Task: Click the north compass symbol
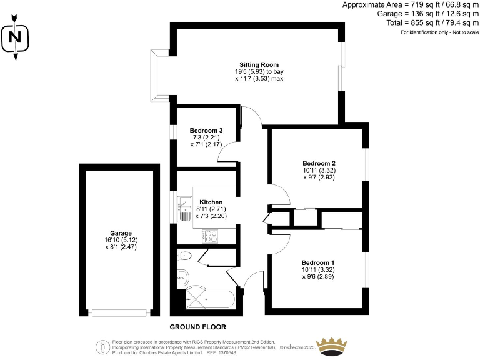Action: [x=16, y=39]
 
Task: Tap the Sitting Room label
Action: [x=259, y=64]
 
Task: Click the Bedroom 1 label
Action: [x=317, y=262]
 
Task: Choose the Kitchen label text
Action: [x=211, y=202]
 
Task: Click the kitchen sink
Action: [x=186, y=203]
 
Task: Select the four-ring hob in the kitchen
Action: [x=210, y=236]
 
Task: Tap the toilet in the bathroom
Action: [x=184, y=255]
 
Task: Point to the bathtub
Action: [x=211, y=299]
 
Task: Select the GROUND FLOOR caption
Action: [x=198, y=327]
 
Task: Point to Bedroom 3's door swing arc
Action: [x=226, y=147]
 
